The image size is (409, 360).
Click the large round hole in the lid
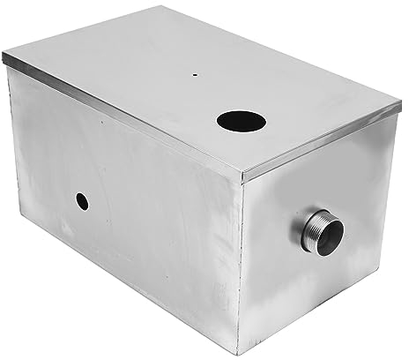point(237,123)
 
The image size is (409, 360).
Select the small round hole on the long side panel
point(82,201)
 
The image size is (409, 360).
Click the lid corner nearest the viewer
point(244,177)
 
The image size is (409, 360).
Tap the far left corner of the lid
point(4,58)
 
